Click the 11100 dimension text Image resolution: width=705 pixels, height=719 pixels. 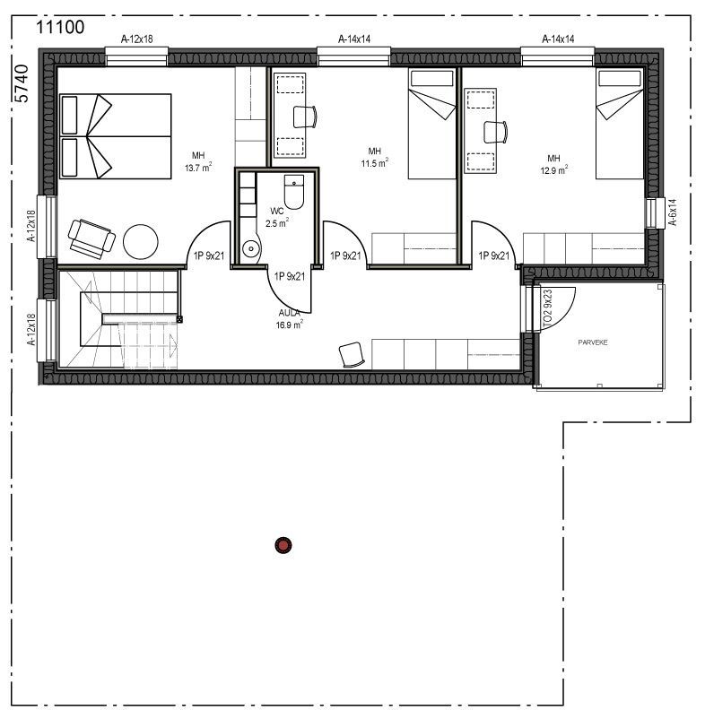pyautogui.click(x=59, y=27)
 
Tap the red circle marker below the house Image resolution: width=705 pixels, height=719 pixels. pyautogui.click(x=284, y=543)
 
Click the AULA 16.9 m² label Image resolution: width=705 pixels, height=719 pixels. pyautogui.click(x=289, y=320)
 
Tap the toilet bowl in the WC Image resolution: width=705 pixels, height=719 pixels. pyautogui.click(x=294, y=192)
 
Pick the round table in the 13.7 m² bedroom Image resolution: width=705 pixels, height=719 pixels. pyautogui.click(x=141, y=240)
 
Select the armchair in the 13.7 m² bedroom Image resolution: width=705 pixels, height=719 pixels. pyautogui.click(x=91, y=236)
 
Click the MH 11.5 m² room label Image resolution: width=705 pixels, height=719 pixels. pyautogui.click(x=375, y=156)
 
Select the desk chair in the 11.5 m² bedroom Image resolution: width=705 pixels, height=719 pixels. pyautogui.click(x=305, y=117)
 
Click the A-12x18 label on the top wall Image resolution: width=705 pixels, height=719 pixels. pyautogui.click(x=136, y=39)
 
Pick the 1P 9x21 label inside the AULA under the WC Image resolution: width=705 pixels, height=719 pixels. pyautogui.click(x=290, y=276)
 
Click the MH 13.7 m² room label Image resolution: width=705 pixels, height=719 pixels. pyautogui.click(x=197, y=160)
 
